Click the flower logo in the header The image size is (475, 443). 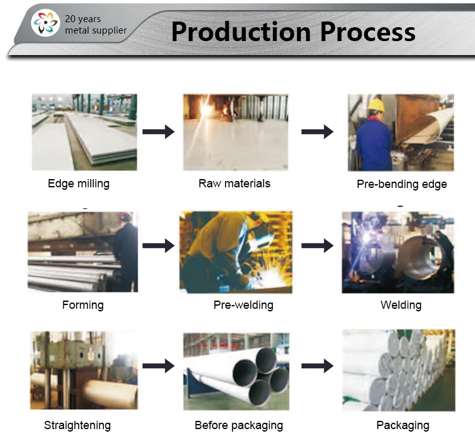pos(46,24)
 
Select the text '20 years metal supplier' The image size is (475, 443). pos(96,25)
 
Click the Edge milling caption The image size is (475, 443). pos(79,184)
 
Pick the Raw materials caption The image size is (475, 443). pos(234,184)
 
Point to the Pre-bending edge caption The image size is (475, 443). pos(402,184)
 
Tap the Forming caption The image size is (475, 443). pos(83,305)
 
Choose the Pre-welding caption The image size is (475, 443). pos(243,305)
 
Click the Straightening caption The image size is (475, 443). pos(77,425)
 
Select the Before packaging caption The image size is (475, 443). pos(239,425)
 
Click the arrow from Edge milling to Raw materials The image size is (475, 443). pos(158,132)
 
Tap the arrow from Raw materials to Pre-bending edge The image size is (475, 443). pos(317,132)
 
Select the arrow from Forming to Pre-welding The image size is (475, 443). pos(158,246)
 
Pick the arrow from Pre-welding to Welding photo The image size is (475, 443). pos(317,246)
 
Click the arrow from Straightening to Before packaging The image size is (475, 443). pos(158,366)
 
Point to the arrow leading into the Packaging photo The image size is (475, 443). pos(317,366)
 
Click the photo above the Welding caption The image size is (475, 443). pos(398,252)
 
